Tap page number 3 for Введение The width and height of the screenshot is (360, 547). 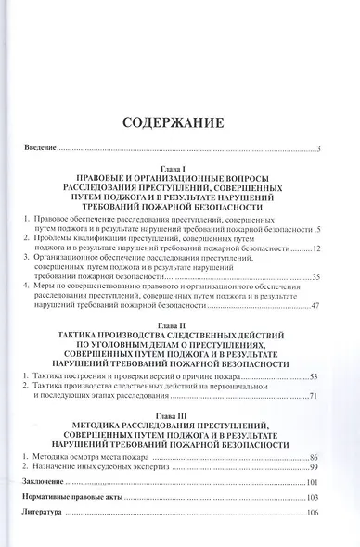317,149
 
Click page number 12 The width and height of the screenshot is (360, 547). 315,249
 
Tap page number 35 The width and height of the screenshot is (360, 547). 315,277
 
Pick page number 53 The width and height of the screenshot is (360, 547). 315,376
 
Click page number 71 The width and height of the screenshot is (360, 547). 315,396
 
